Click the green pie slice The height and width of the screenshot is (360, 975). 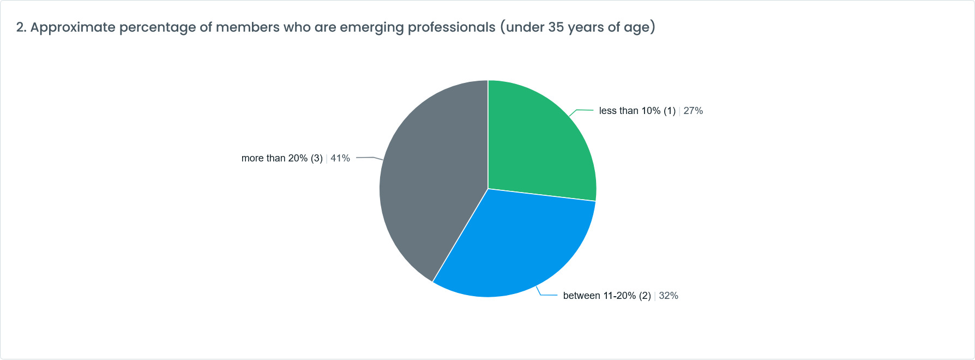(540, 142)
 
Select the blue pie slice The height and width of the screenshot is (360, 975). (518, 245)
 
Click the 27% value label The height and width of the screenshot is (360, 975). (693, 111)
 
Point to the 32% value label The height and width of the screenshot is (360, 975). (669, 296)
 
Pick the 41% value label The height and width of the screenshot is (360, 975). (340, 158)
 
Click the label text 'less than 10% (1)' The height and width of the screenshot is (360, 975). (637, 111)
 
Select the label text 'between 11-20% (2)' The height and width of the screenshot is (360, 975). (607, 296)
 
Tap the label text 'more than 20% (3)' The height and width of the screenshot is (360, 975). (282, 158)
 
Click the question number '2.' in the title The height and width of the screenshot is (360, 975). (21, 27)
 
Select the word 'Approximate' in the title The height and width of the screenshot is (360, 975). (73, 27)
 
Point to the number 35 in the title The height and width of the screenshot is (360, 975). (556, 27)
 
